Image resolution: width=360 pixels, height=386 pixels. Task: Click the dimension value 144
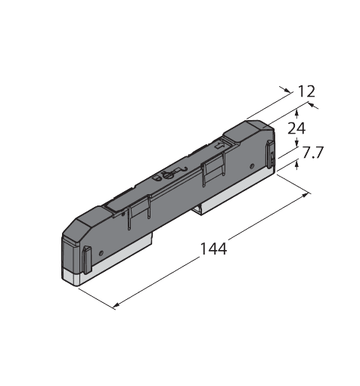pos(213,249)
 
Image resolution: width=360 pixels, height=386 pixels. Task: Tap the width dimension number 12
pos(306,91)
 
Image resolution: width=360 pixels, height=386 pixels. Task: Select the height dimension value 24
pos(296,128)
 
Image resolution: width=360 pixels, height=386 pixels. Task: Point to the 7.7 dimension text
pos(312,152)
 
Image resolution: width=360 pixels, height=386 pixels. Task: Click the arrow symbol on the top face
pos(219,145)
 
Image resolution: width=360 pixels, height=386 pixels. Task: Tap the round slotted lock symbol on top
pos(167,174)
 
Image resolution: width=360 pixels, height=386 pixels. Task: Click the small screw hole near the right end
pos(252,166)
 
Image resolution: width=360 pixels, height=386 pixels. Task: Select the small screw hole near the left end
pos(101,253)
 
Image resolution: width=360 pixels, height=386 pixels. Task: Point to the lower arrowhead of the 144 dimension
pos(116,306)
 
